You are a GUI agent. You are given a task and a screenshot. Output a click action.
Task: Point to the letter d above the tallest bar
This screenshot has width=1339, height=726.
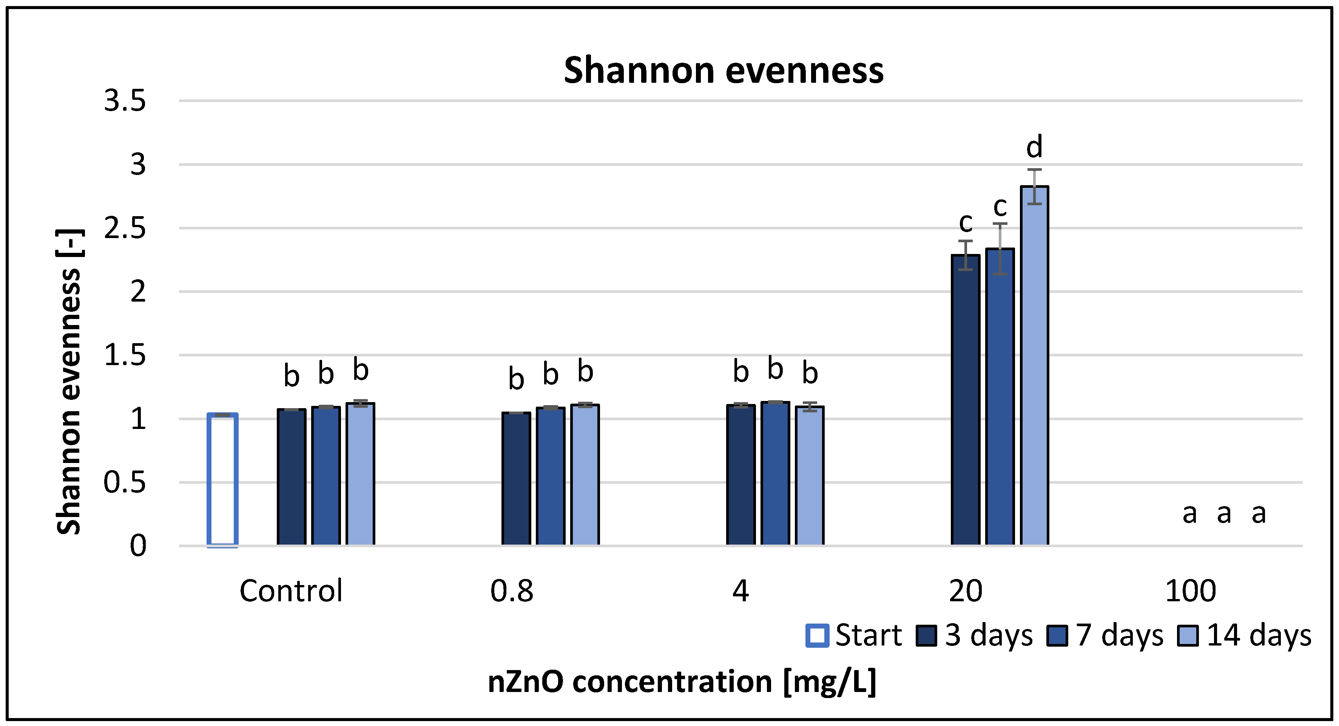1034,147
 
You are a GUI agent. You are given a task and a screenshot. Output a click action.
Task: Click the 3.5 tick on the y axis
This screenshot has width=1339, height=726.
125,101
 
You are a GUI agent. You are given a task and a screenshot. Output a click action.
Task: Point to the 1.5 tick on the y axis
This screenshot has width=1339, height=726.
125,355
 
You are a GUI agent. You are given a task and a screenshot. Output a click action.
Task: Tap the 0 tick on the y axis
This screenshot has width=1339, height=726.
138,546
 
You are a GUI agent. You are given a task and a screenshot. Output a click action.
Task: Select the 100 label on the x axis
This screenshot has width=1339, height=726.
1190,591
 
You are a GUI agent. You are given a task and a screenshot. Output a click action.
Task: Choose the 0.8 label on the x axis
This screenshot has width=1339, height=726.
512,591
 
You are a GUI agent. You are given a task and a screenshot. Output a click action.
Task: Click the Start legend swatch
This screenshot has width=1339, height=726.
817,636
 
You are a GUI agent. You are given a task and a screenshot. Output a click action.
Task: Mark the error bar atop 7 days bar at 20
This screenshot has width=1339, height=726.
1000,249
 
